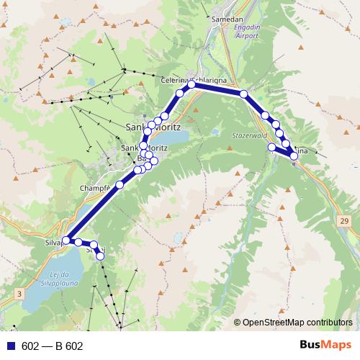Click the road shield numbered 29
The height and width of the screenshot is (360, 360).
(345, 220)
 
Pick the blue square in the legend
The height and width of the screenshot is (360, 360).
(8, 346)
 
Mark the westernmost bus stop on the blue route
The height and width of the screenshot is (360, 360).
(66, 240)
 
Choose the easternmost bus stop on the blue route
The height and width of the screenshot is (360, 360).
(294, 156)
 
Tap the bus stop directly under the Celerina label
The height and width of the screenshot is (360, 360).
(192, 85)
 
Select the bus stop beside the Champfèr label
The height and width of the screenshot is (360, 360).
(120, 185)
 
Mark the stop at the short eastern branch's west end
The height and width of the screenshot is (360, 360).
(271, 147)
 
